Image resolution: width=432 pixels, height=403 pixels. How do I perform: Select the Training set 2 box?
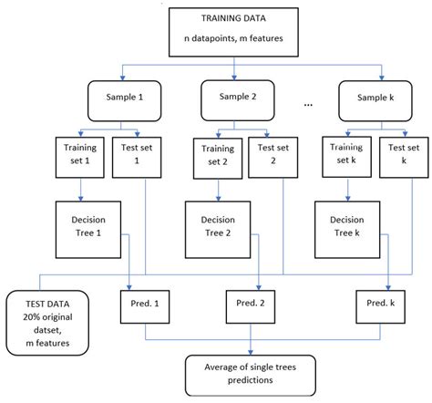click(x=211, y=151)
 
